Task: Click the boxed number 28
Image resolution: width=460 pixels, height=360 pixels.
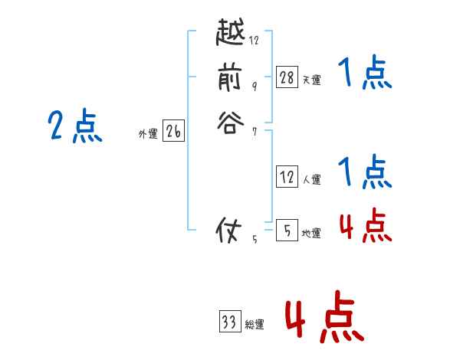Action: [287, 77]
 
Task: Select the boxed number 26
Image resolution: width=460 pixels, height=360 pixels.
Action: [173, 133]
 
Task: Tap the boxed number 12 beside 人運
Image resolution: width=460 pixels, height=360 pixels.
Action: [287, 177]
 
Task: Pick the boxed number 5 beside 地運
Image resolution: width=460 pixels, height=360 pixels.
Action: [287, 230]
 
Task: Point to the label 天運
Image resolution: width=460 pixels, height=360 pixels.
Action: [311, 80]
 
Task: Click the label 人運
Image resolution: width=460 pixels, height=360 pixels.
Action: [311, 180]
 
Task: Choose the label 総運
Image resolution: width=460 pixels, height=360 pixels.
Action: [255, 325]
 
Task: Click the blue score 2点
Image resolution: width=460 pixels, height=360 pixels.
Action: [74, 126]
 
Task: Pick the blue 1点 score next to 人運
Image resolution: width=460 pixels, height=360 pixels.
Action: [365, 172]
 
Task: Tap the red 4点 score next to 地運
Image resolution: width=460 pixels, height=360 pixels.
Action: [365, 224]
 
